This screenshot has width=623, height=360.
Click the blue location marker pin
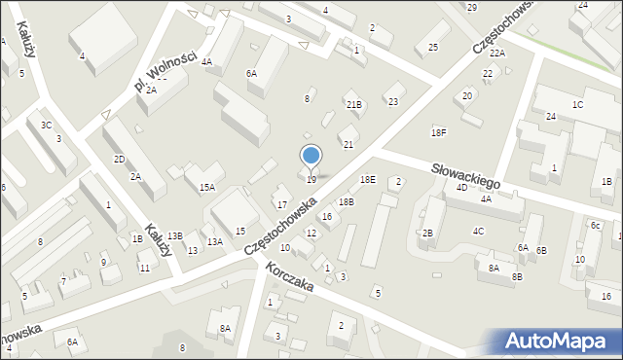pos(311,157)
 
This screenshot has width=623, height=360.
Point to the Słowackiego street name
pos(466,175)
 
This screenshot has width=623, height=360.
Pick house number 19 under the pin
pos(311,179)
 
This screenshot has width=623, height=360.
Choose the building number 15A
pos(206,188)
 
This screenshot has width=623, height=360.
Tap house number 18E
pos(367,179)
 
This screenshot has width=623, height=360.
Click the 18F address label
pos(439,132)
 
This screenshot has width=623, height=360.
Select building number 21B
pos(354,104)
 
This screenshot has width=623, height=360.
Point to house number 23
pos(393,101)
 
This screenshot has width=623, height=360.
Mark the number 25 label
pos(433,47)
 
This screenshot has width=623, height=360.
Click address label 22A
pos(497,53)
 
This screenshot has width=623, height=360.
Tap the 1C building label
pos(578,104)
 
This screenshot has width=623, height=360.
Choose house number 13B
pos(174,235)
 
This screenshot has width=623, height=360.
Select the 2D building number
pos(119,159)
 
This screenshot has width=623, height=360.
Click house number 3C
pos(46,125)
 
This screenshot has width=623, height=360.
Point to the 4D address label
pos(461,188)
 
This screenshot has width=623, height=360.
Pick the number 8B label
pos(518,277)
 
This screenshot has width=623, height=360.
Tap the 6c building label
pos(595,225)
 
